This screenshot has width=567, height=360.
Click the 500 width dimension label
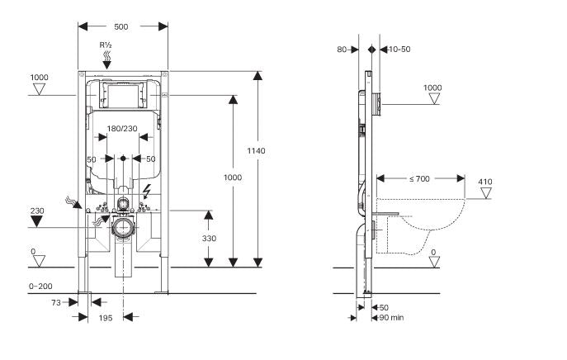pyautogui.click(x=121, y=26)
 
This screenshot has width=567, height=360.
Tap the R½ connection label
pyautogui.click(x=106, y=44)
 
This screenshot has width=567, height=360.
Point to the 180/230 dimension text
pyautogui.click(x=123, y=128)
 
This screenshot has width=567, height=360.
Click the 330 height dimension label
pyautogui.click(x=209, y=238)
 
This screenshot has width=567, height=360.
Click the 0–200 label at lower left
pyautogui.click(x=40, y=285)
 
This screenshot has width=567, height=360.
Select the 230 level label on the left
pyautogui.click(x=38, y=211)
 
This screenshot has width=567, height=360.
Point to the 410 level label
pyautogui.click(x=484, y=182)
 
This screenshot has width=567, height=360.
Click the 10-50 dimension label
pyautogui.click(x=399, y=50)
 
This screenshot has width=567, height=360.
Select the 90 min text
pyautogui.click(x=391, y=316)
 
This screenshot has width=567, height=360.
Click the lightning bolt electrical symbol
pyautogui.click(x=146, y=192)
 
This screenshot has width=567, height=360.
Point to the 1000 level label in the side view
pyautogui.click(x=432, y=88)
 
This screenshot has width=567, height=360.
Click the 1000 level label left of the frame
pyautogui.click(x=40, y=78)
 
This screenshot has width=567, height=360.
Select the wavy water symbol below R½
pyautogui.click(x=106, y=57)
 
